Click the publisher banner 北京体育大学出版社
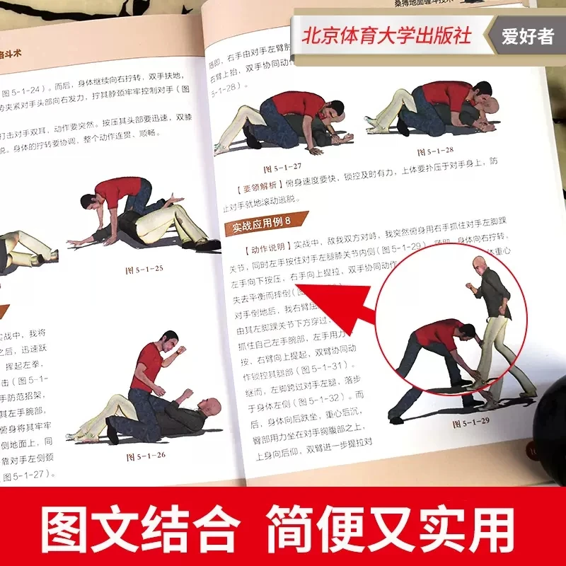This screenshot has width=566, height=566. pyautogui.click(x=386, y=37)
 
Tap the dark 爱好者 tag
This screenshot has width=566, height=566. pyautogui.click(x=527, y=37)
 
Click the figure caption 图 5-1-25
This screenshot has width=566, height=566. pyautogui.click(x=144, y=270)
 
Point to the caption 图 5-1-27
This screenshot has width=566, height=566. pyautogui.click(x=282, y=169)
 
